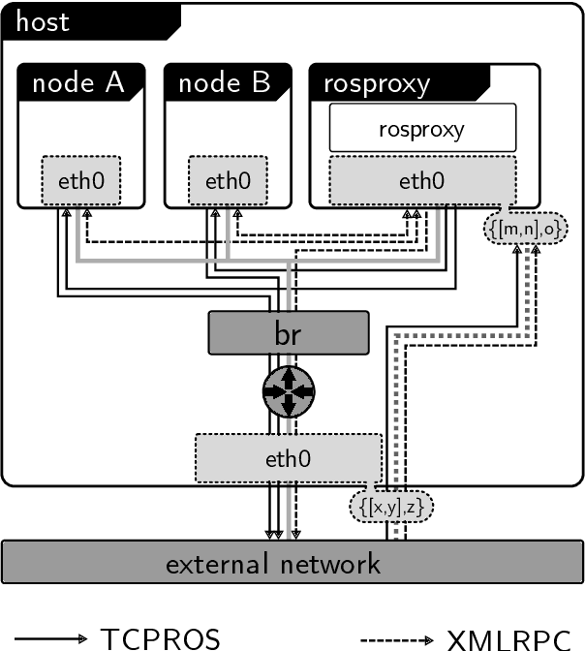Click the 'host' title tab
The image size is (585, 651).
(44, 21)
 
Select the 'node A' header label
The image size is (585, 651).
(78, 83)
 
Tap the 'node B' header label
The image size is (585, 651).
(225, 83)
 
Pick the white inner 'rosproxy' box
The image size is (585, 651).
(421, 129)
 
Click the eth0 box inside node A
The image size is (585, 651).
(81, 179)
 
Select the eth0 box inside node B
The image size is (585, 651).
(228, 179)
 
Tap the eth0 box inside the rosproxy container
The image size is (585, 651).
(422, 179)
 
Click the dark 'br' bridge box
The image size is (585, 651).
(289, 332)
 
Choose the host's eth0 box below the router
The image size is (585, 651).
(289, 458)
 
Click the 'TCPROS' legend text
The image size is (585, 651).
(161, 638)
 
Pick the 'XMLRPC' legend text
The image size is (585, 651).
(514, 638)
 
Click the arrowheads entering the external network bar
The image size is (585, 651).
(283, 534)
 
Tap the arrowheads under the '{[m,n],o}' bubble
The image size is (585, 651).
(525, 250)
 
